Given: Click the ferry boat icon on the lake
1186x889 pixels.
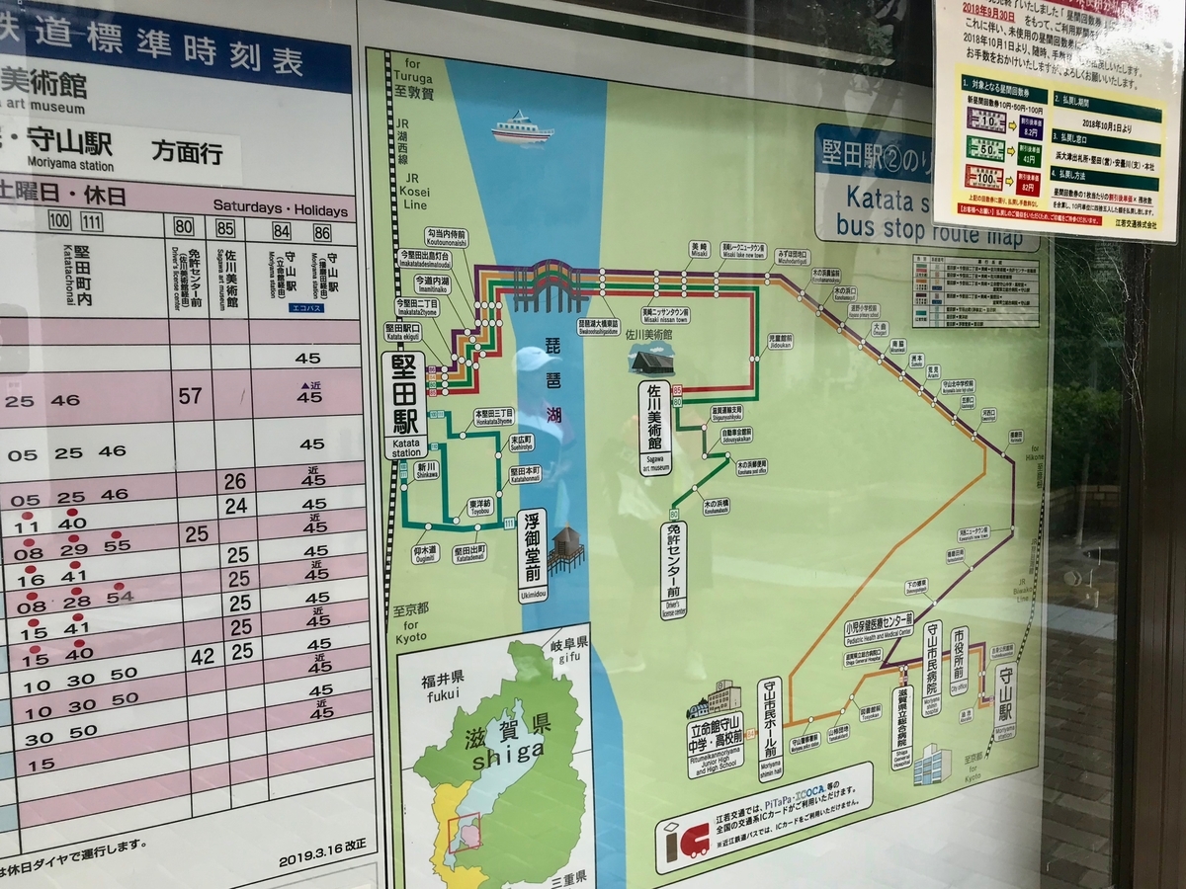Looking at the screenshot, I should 522,128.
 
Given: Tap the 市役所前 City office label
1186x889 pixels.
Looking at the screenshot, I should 959,660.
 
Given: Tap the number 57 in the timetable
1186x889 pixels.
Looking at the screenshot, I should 190,396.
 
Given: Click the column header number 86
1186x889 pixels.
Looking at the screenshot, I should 322,233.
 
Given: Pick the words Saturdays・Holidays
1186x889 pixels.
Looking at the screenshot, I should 281,210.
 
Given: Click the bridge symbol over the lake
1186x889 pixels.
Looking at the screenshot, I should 547,282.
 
